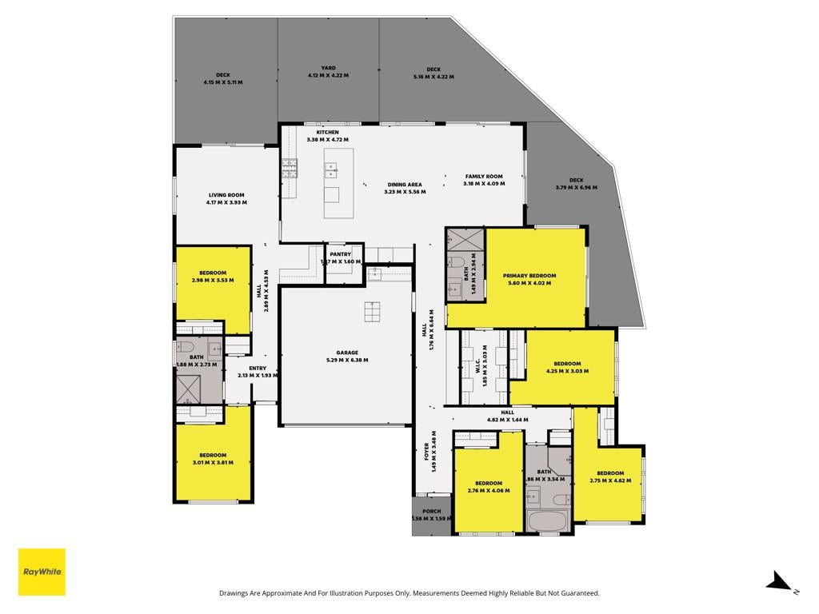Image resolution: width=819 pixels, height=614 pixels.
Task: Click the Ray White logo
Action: pos(42,572)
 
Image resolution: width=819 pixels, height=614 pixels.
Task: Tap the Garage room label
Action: pos(347,353)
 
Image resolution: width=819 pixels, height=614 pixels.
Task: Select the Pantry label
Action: pos(341,254)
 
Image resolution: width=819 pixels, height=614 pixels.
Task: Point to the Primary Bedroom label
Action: pos(529,276)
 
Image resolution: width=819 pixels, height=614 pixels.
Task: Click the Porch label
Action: pos(431,511)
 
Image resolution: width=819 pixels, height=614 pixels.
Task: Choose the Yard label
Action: pos(329,68)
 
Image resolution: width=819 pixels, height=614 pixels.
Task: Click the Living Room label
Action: pos(226,195)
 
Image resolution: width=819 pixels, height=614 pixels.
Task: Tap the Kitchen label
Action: pos(327,133)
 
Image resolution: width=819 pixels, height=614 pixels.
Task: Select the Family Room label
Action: pos(484,177)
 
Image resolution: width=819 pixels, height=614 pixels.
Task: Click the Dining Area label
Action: pos(405,185)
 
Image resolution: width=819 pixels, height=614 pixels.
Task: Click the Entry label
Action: pos(258,368)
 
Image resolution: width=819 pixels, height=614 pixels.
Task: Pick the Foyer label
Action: pos(427,452)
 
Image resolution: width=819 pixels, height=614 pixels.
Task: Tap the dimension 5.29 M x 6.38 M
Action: pos(347,360)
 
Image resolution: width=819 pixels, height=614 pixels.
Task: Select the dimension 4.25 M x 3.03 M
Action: pos(567,371)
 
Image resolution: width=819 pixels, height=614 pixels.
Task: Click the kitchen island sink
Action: pos(331,169)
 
